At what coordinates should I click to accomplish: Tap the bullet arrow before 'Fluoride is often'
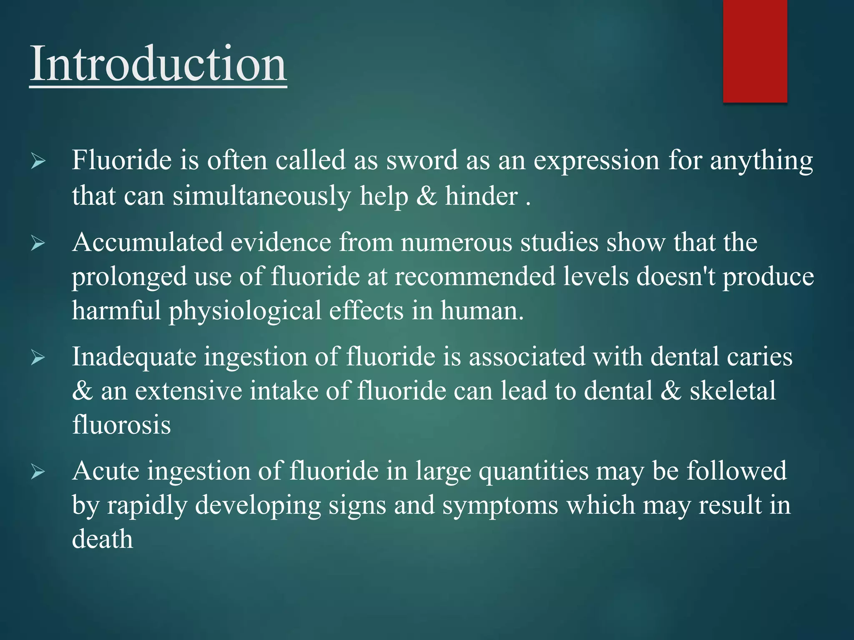38,161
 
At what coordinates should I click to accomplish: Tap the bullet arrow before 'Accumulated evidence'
38,243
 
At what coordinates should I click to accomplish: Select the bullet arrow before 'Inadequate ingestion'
38,357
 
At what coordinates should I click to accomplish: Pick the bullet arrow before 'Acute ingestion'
38,472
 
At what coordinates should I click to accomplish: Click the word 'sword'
422,160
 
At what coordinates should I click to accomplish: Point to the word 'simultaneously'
262,196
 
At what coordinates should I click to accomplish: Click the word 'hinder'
481,196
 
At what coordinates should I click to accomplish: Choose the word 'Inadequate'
134,357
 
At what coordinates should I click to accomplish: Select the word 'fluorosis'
121,425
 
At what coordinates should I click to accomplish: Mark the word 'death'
103,539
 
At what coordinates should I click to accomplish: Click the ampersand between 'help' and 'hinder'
426,196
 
